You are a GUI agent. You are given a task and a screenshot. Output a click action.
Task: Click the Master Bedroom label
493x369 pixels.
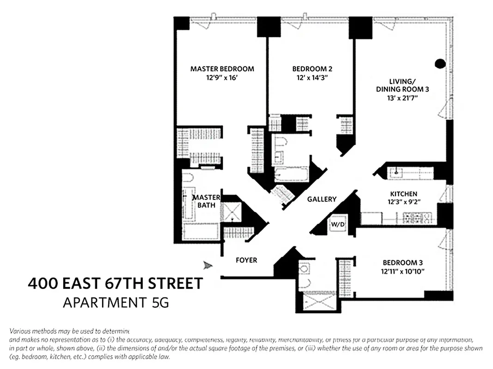coord(222,69)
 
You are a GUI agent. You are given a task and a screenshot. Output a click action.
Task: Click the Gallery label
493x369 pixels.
coord(322,199)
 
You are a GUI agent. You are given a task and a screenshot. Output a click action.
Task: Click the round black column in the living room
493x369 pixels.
coord(440,64)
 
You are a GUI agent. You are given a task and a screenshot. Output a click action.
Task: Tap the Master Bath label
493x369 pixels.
coord(206,202)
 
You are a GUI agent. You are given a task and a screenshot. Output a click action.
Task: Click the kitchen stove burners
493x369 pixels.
coord(416,217)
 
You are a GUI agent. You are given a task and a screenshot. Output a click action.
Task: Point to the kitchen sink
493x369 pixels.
coord(396,173)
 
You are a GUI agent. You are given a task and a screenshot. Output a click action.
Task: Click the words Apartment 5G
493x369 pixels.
coord(116,303)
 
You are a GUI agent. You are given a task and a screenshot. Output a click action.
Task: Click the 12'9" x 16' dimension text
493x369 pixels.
coord(222,78)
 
